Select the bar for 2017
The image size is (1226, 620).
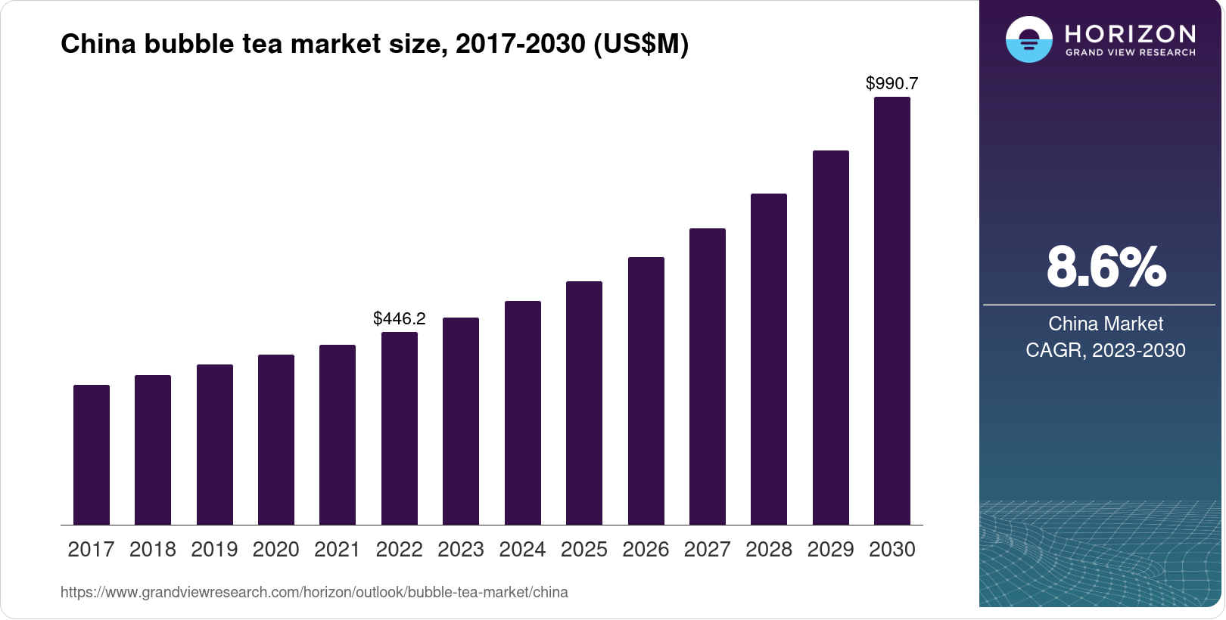click(x=92, y=454)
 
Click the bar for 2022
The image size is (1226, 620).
click(x=400, y=428)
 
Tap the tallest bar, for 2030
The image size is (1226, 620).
click(x=892, y=311)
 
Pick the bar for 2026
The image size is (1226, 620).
click(x=646, y=391)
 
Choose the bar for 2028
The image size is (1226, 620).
click(x=769, y=359)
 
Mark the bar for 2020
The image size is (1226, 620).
click(x=276, y=439)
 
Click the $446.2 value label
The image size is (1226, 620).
click(x=400, y=318)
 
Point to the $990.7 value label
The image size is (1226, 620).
click(x=892, y=83)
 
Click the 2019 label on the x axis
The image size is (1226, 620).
click(x=214, y=549)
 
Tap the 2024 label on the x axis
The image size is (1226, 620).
click(x=522, y=549)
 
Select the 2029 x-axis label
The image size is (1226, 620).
click(x=830, y=549)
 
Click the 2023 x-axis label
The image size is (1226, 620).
click(x=461, y=549)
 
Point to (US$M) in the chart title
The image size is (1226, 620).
click(x=641, y=44)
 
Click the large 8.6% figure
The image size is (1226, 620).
click(x=1106, y=267)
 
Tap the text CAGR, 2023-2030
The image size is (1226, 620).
click(x=1106, y=350)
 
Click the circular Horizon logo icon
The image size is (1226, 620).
click(x=1028, y=39)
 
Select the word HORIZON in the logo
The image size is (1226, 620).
click(x=1130, y=33)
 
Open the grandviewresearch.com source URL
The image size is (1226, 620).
click(x=314, y=592)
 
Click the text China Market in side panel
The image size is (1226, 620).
click(x=1106, y=324)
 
